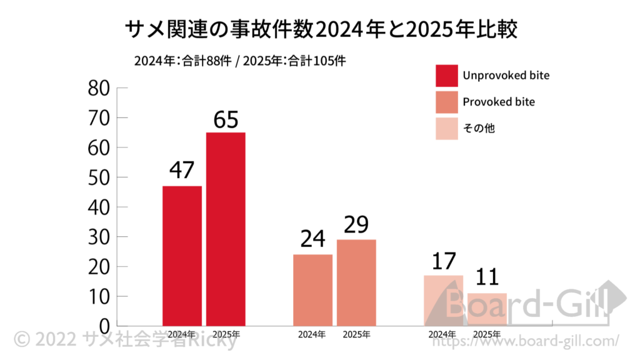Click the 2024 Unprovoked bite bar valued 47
pyautogui.click(x=182, y=256)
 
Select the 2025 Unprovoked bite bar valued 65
pyautogui.click(x=226, y=229)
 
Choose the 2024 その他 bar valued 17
pyautogui.click(x=443, y=300)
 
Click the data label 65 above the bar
pyautogui.click(x=226, y=119)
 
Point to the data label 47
pyautogui.click(x=182, y=171)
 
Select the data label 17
pyautogui.click(x=443, y=261)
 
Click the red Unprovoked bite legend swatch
pyautogui.click(x=446, y=76)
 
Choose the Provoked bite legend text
pyautogui.click(x=499, y=102)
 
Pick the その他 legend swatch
pyautogui.click(x=446, y=128)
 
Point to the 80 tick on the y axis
pyautogui.click(x=99, y=89)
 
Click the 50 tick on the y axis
pyautogui.click(x=99, y=178)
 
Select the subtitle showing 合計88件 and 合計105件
pyautogui.click(x=240, y=61)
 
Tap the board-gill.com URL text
pyautogui.click(x=525, y=341)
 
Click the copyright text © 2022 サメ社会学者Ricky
pyautogui.click(x=125, y=340)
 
